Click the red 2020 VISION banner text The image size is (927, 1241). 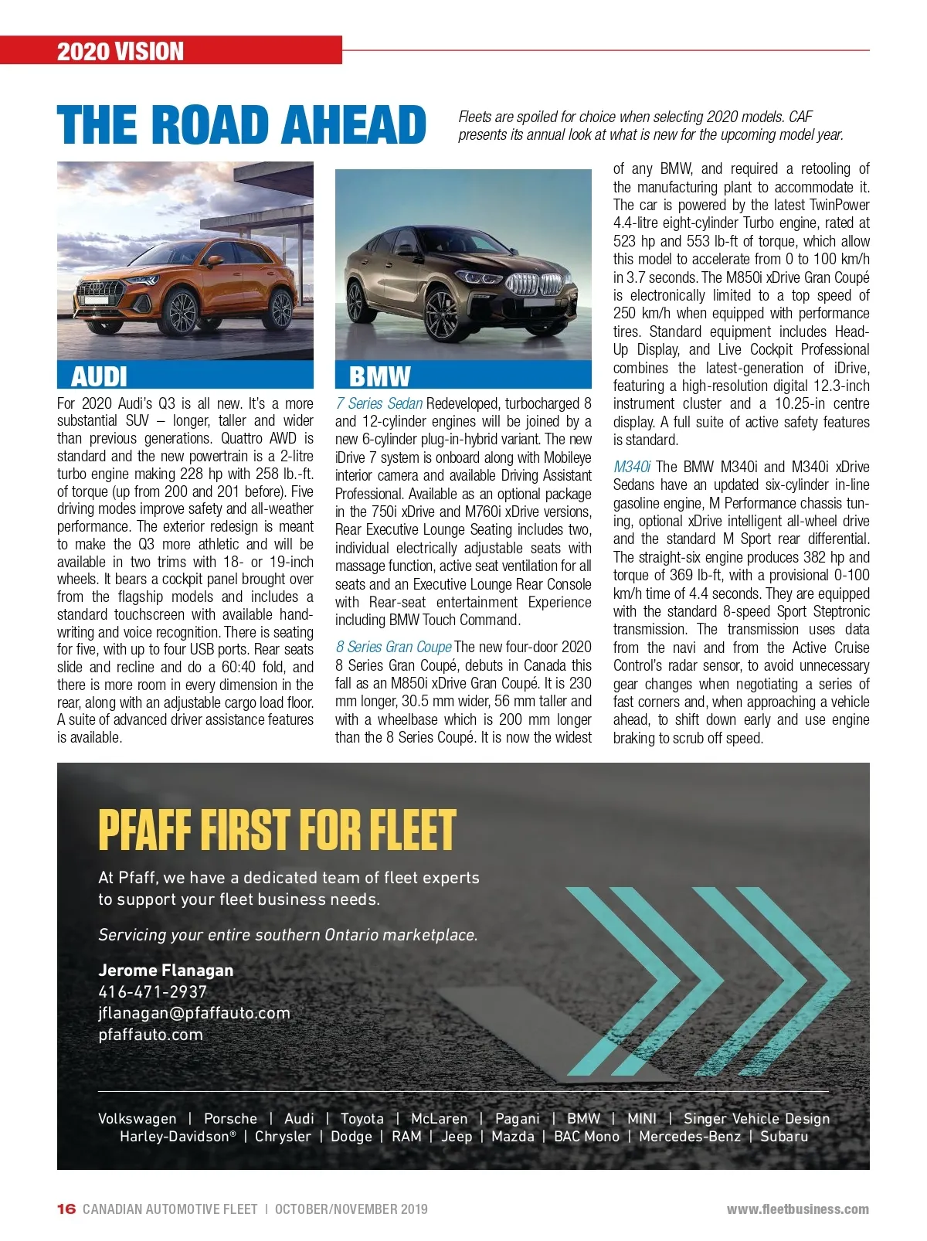click(x=121, y=52)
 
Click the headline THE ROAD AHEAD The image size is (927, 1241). click(x=241, y=124)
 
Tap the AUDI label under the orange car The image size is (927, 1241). click(x=99, y=376)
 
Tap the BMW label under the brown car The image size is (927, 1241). click(x=379, y=376)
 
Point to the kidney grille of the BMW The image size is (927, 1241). click(x=531, y=284)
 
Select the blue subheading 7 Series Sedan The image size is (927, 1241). click(x=379, y=403)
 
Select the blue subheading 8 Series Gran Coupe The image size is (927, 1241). click(x=393, y=647)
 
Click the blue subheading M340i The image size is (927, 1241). click(x=632, y=467)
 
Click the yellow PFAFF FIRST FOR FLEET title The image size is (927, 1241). click(x=277, y=830)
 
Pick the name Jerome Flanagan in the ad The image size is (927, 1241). click(x=165, y=971)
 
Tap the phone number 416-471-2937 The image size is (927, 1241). click(x=153, y=992)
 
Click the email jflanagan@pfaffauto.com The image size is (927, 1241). click(x=194, y=1013)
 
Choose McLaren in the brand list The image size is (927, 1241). click(x=439, y=1118)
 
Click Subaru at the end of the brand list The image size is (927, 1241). click(x=784, y=1137)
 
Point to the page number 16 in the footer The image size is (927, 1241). click(x=66, y=1209)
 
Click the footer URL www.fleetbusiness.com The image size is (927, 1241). click(x=797, y=1209)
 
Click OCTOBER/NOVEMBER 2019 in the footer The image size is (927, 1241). click(x=351, y=1209)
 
